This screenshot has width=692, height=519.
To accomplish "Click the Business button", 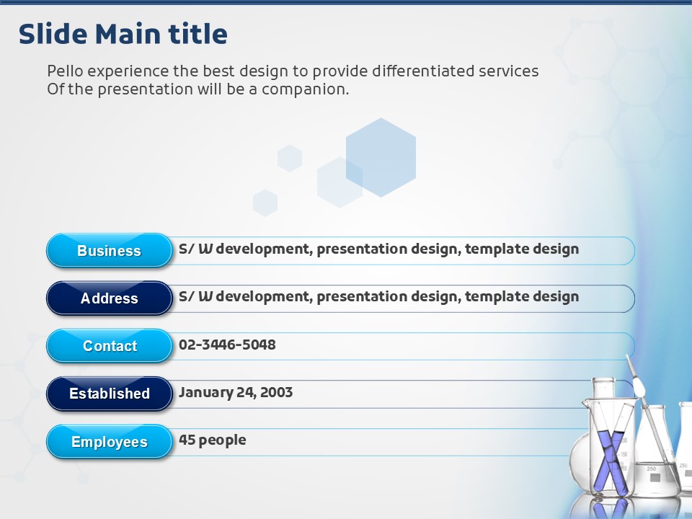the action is pos(109,250).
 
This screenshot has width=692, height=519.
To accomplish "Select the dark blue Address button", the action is pos(109,298).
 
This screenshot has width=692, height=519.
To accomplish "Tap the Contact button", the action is pos(109,345).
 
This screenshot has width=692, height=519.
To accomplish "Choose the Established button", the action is pos(109,394).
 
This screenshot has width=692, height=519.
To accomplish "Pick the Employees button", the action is pos(109,441).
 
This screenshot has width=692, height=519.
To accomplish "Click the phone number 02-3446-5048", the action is pos(227,345).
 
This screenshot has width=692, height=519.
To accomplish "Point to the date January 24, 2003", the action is pos(236,392).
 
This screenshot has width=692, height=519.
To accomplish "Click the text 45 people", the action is pos(212,440).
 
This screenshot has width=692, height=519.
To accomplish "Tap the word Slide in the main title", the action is pos(53,34).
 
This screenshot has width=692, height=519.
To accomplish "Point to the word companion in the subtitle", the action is pos(305,89).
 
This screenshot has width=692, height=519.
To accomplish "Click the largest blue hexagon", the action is pos(381,157).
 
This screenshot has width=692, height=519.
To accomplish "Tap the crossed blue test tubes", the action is pos(611,459).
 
